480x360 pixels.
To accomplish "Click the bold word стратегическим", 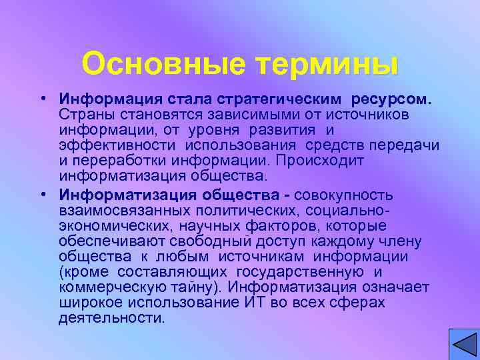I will coord(282,101).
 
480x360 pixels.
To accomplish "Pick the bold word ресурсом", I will coord(393,101).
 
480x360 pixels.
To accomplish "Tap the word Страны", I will coord(85,115).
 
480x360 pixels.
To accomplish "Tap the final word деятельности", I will coord(111,318).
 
